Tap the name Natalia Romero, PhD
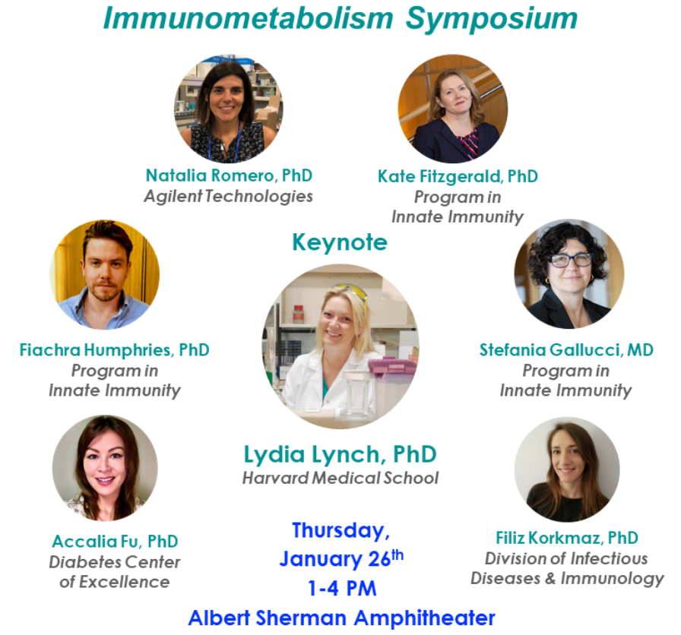229,175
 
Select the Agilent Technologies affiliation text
229,196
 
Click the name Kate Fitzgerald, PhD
458,176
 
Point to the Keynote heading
340,242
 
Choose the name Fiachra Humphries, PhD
114,350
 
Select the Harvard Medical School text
340,479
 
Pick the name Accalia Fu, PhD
115,542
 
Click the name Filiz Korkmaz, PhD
566,538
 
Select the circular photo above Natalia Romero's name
229,109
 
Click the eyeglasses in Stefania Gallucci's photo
571,260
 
